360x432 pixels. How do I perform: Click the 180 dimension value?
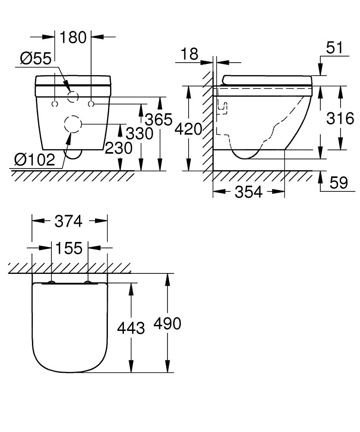(73, 37)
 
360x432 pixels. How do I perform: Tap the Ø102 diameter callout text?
(35, 160)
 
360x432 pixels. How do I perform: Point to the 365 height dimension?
(159, 119)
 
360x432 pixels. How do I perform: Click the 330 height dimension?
(139, 133)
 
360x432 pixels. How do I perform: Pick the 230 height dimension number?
(119, 148)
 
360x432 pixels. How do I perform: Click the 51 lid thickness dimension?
(335, 48)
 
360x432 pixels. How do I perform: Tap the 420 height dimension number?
(189, 128)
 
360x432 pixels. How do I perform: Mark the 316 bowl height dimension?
(340, 118)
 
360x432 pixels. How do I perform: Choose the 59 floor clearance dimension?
(338, 183)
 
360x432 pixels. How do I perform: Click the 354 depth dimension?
(249, 192)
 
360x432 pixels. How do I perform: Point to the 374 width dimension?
(69, 221)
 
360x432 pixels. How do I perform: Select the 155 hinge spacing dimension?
(69, 248)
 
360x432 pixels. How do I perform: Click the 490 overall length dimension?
(167, 323)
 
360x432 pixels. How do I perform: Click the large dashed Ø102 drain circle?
(73, 124)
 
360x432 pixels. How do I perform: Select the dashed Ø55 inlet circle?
(73, 97)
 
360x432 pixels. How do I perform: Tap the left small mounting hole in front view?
(55, 104)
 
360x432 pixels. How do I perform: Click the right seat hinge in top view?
(88, 283)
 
